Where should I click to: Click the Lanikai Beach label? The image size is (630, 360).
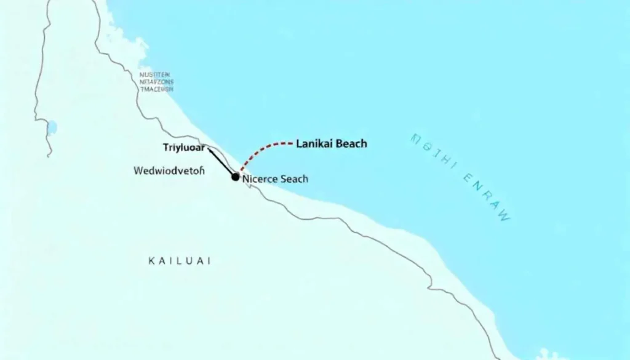[331, 144]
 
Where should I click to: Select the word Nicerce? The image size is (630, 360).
[260, 179]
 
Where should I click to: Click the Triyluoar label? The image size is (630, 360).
[184, 148]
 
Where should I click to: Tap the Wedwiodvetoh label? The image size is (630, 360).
[168, 171]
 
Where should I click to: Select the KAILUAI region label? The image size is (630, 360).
[180, 261]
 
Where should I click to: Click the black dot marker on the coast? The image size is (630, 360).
[235, 177]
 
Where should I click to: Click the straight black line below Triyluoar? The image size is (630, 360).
[221, 162]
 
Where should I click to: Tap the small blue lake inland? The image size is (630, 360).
[52, 127]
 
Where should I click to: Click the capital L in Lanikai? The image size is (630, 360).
[299, 144]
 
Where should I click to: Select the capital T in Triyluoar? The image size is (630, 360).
[166, 148]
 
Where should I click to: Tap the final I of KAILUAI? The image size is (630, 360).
[209, 261]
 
